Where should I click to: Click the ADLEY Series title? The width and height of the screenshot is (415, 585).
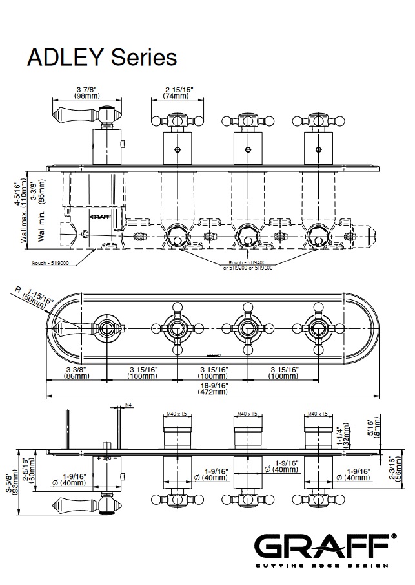tap(101, 57)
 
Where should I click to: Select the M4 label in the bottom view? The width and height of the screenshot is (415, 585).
tap(128, 405)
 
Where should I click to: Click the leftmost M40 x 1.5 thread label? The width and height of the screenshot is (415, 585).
tap(176, 414)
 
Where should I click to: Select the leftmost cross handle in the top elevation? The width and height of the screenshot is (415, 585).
tap(177, 120)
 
